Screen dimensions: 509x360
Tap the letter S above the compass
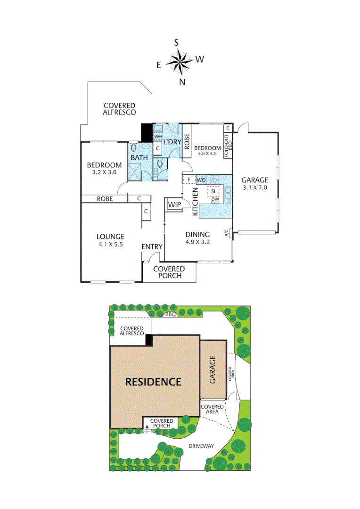pyautogui.click(x=176, y=42)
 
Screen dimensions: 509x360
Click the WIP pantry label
pyautogui.click(x=173, y=205)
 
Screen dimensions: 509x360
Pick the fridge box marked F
pyautogui.click(x=189, y=180)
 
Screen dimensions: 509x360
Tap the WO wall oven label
pyautogui.click(x=201, y=180)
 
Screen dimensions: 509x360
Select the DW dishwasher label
pyautogui.click(x=214, y=200)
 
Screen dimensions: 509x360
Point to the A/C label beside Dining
pyautogui.click(x=227, y=233)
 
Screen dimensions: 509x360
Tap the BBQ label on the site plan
pyautogui.click(x=170, y=314)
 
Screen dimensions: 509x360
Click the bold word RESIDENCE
pyautogui.click(x=153, y=382)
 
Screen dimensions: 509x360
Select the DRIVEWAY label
pyautogui.click(x=201, y=445)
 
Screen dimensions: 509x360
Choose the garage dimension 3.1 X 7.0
pyautogui.click(x=255, y=188)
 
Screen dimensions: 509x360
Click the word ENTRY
pyautogui.click(x=152, y=246)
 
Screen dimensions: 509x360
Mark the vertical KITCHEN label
pyautogui.click(x=195, y=201)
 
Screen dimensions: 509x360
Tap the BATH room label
pyautogui.click(x=139, y=157)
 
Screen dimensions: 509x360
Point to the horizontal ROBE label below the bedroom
pyautogui.click(x=105, y=199)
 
